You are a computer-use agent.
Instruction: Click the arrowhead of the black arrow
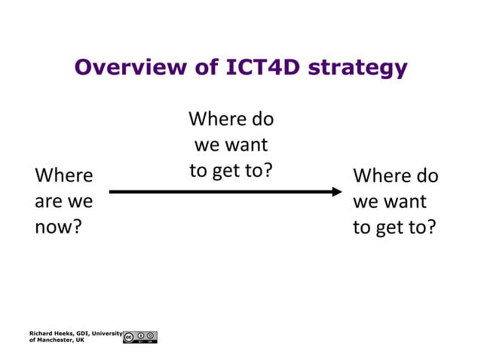[x=338, y=191]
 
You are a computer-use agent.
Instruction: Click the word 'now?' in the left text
[x=58, y=227]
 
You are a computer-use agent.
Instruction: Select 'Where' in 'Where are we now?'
[x=64, y=175]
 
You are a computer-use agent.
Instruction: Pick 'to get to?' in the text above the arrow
[x=231, y=170]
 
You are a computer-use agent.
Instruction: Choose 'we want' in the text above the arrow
[x=231, y=145]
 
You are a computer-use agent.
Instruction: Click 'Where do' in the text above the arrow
[x=231, y=119]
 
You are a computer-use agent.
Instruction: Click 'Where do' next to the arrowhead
[x=395, y=175]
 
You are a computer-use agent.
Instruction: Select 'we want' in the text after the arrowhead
[x=389, y=201]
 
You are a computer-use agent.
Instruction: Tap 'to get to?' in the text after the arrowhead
[x=394, y=227]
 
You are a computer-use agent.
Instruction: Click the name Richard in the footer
[x=41, y=333]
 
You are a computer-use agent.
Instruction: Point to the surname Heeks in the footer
[x=65, y=333]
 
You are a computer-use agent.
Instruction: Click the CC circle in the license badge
[x=129, y=337]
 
